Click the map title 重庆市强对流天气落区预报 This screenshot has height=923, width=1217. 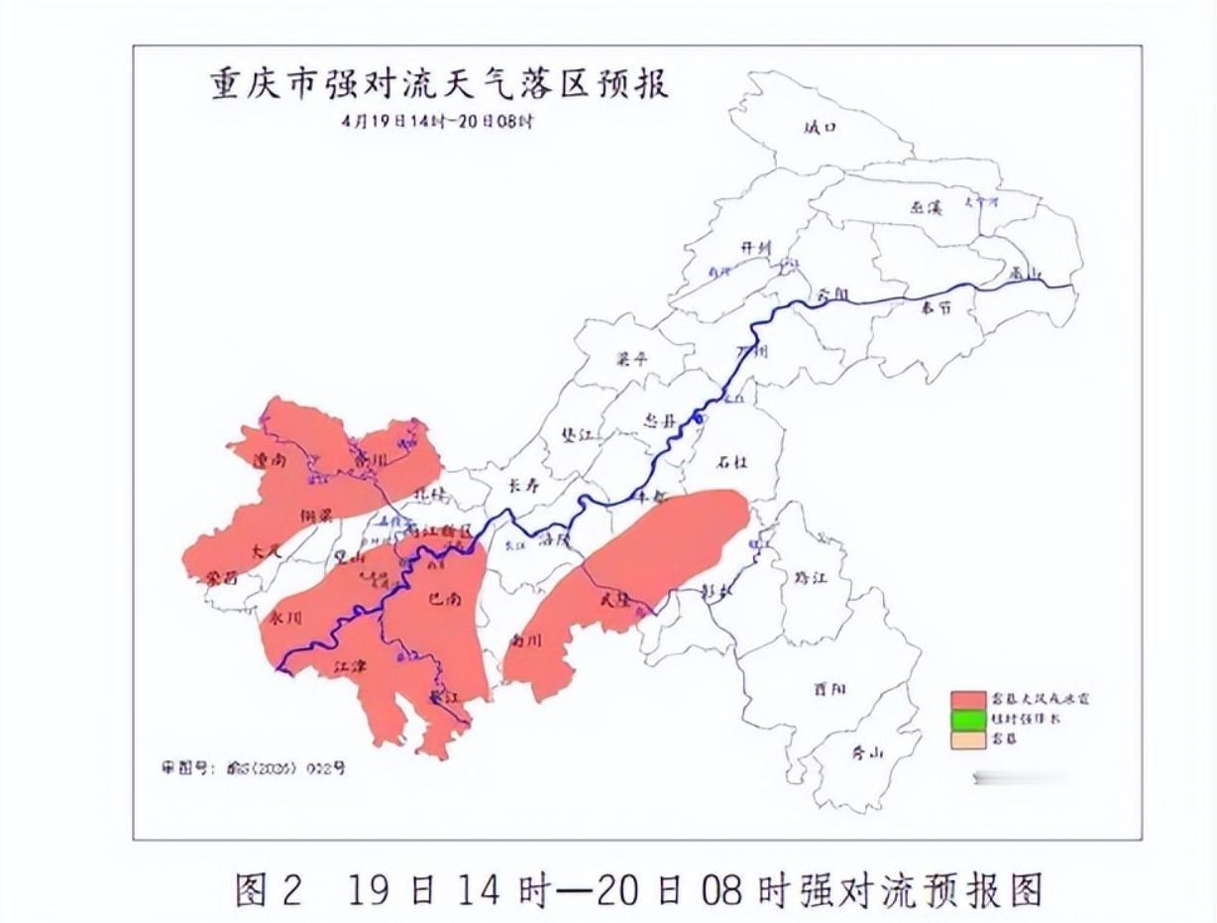439,84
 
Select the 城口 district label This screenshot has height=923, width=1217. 821,127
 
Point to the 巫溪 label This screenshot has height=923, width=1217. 926,207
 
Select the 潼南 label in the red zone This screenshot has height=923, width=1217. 270,460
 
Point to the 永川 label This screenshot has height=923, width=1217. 284,617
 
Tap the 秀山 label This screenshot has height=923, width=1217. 866,751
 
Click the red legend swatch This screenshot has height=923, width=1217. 968,700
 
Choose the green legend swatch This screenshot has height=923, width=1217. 968,719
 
